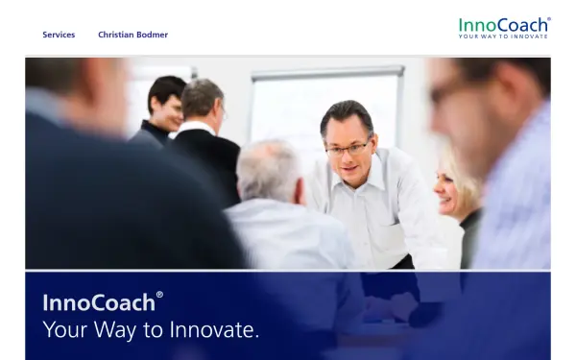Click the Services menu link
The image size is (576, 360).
pos(59,35)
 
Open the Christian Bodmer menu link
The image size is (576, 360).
pos(132,35)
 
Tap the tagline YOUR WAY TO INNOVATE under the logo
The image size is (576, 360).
pos(503,36)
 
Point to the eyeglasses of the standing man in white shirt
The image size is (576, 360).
pos(348,148)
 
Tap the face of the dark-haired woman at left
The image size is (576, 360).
pos(171,102)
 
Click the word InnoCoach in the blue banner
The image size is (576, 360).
pos(98,303)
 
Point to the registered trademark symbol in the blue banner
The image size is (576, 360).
pos(160,295)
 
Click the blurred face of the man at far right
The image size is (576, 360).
pos(480,106)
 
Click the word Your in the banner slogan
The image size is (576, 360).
pos(65,331)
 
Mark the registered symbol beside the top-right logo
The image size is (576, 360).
pos(549,18)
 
